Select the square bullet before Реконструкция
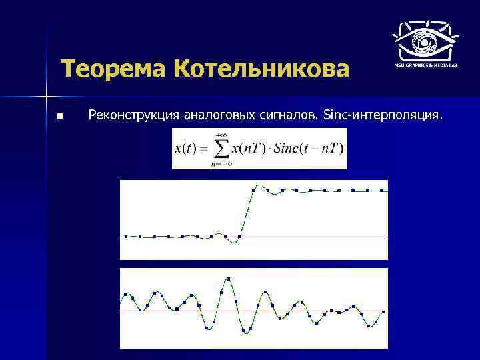tap(59, 117)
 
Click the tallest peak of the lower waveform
tap(229, 279)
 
